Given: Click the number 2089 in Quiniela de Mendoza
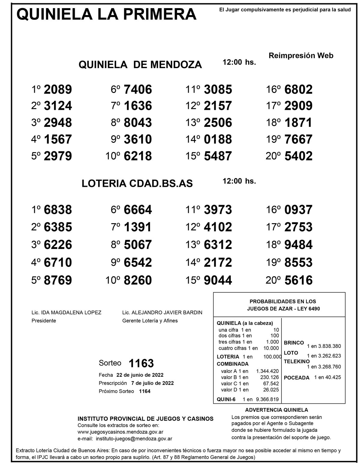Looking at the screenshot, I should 58,89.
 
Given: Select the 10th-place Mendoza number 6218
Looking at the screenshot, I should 138,156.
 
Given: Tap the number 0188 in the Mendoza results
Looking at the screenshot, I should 218,139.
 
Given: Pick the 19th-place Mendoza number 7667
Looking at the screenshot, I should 298,139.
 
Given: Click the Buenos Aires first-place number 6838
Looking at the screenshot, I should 58,210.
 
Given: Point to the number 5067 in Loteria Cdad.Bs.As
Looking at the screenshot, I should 138,245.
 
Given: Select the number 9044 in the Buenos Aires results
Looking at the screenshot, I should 218,280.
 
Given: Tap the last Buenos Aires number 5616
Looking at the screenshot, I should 298,280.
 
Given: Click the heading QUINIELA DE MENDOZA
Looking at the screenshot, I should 140,64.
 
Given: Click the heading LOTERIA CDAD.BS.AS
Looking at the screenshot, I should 137,184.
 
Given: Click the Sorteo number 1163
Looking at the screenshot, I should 141,363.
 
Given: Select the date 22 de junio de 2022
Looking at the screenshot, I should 140,375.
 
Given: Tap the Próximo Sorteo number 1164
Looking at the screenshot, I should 145,391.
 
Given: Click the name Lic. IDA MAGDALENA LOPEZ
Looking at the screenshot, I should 66,313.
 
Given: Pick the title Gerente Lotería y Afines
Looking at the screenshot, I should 150,321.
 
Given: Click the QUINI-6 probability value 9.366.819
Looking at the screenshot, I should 267,399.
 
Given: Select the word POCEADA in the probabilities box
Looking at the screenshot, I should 296,378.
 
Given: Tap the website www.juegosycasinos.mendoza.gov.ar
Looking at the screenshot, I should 120,432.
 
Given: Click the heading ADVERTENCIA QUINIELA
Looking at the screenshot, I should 276,410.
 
